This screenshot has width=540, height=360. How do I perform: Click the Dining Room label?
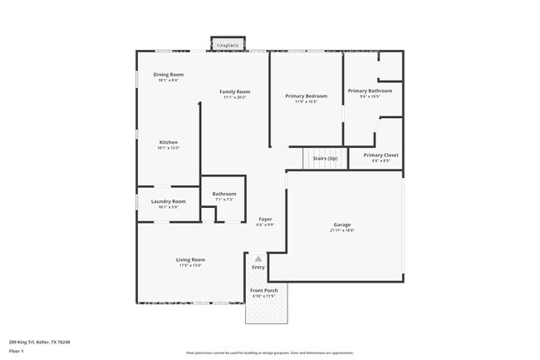168,75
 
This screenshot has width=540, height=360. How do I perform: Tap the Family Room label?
234,91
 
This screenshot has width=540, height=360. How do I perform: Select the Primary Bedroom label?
306,96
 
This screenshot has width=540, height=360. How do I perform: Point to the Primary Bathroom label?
370,91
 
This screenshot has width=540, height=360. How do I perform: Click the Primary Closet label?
380,155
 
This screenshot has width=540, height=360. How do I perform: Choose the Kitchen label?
168,142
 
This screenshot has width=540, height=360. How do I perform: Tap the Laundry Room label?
168,201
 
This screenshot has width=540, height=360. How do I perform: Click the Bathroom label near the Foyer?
224,194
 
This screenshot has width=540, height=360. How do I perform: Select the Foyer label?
264,219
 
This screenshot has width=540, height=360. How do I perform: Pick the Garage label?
341,224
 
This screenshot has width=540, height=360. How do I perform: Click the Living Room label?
190,259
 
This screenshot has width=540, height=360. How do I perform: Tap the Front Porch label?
265,291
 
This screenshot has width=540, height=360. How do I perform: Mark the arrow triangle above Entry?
258,259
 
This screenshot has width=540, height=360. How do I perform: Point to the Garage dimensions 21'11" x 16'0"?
341,230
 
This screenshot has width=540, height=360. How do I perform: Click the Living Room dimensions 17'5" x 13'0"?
190,265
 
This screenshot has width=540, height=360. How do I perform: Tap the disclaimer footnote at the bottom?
269,353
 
